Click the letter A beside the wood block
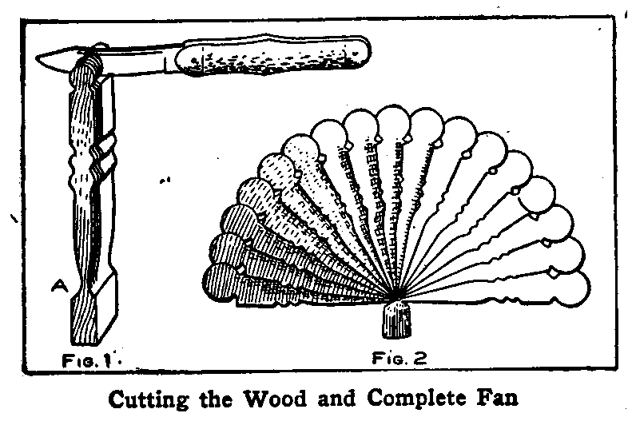pos(59,285)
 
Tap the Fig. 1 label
pos(86,361)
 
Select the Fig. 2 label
pos(399,358)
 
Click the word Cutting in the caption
pos(148,399)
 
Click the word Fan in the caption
pos(498,399)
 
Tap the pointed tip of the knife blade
pos(37,58)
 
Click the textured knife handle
pos(273,55)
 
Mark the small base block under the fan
pos(396,320)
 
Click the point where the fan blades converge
pos(395,296)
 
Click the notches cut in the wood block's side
pos(105,157)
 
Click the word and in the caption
pos(336,399)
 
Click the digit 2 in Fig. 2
pos(419,358)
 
